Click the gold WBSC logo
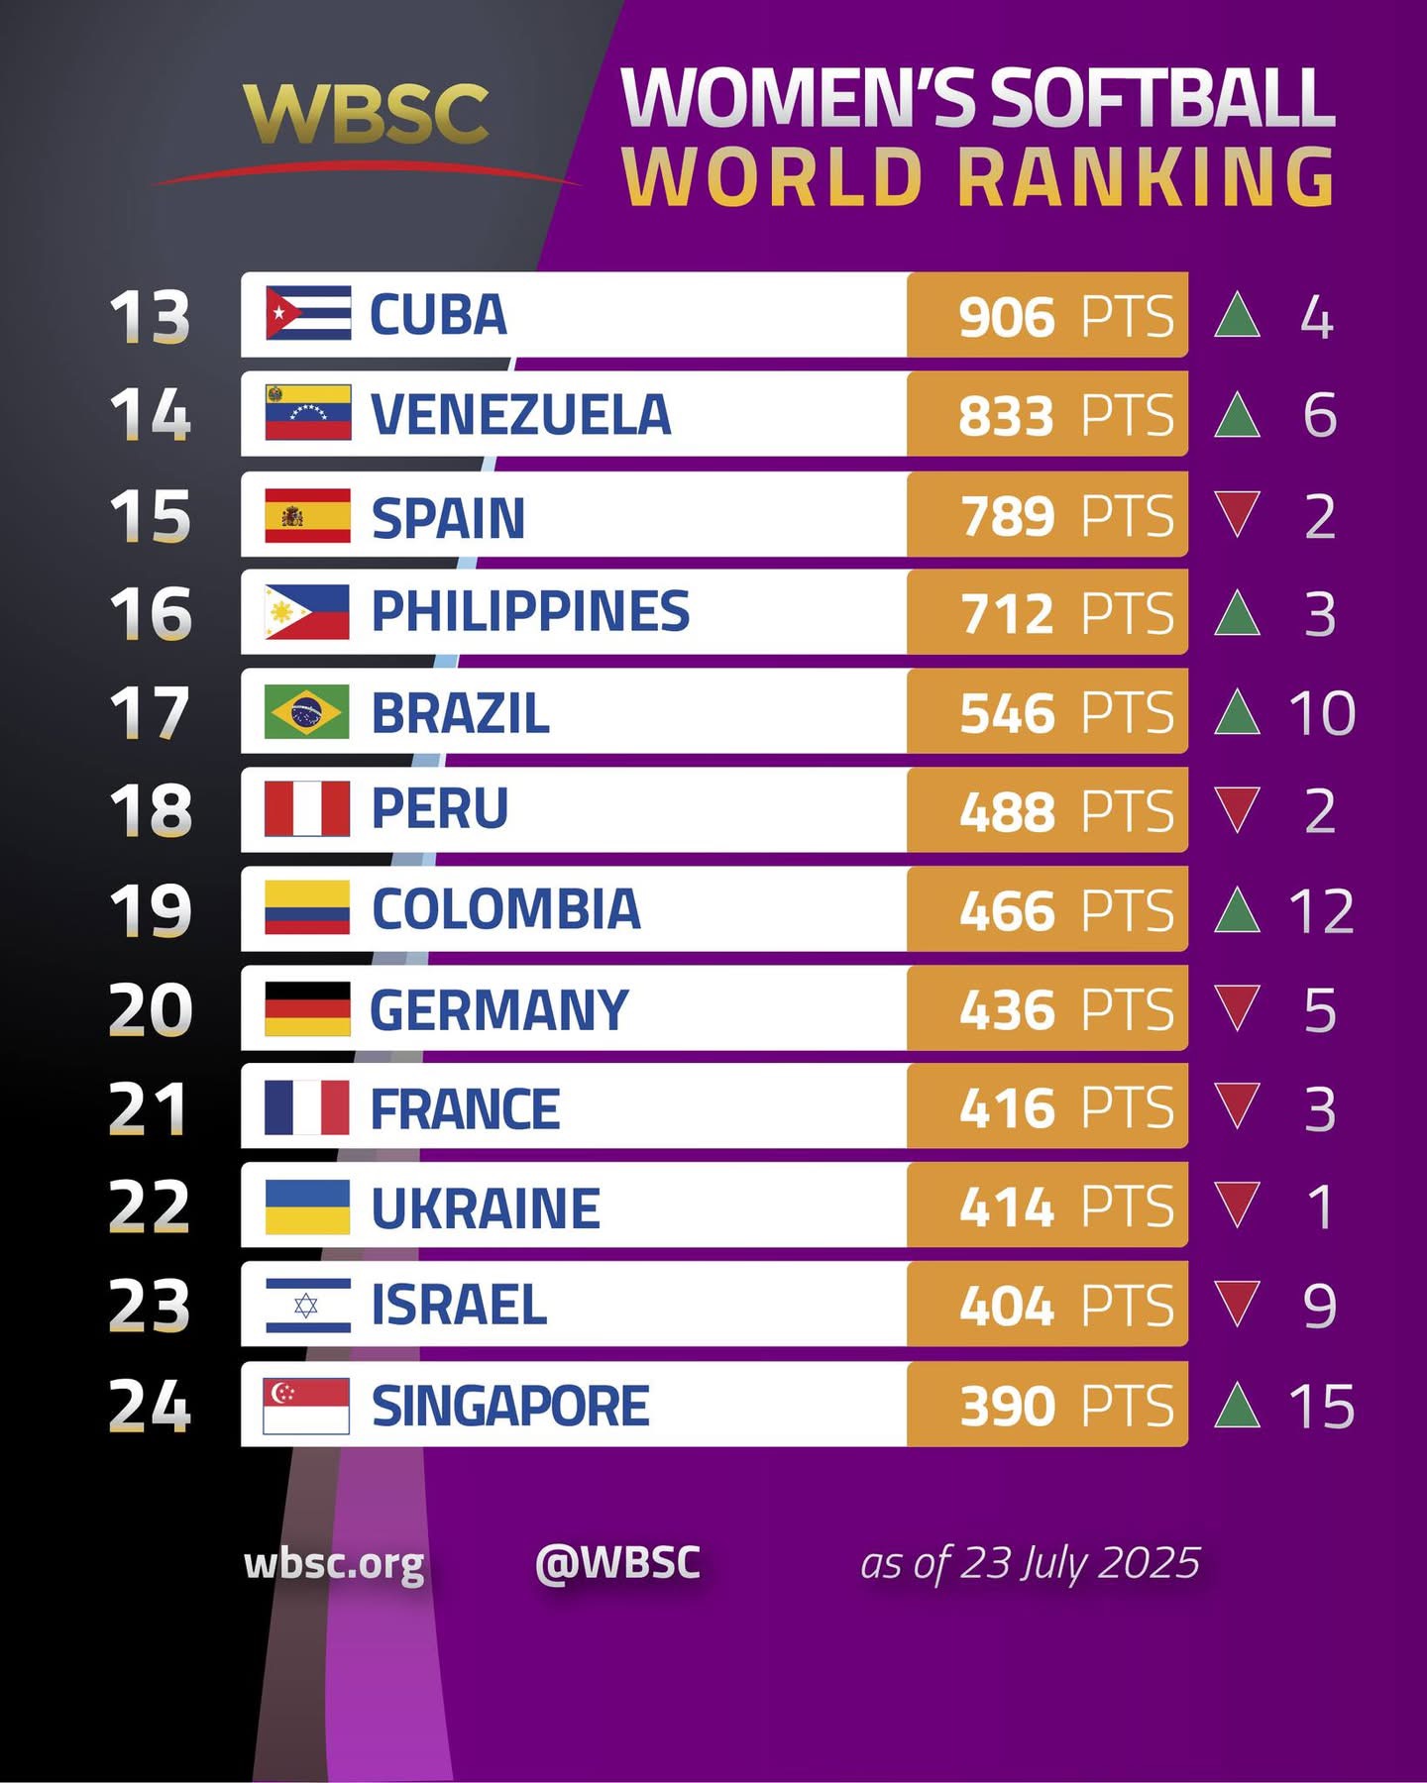[x=366, y=113]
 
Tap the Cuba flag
[x=308, y=313]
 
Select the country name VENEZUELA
[x=520, y=414]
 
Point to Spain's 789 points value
[x=1007, y=516]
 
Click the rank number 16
[x=151, y=613]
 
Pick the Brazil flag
[x=307, y=711]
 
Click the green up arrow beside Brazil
[x=1237, y=712]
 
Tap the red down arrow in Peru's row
[x=1237, y=809]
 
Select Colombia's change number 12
[x=1321, y=910]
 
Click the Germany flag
[x=307, y=1008]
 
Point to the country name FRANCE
[x=465, y=1108]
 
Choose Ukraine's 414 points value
[x=1007, y=1206]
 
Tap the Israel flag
[x=307, y=1305]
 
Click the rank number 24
[x=150, y=1406]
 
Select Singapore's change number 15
[x=1321, y=1406]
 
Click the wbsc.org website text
[x=334, y=1564]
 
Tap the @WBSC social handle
[x=617, y=1562]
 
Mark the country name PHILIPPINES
[x=530, y=611]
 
